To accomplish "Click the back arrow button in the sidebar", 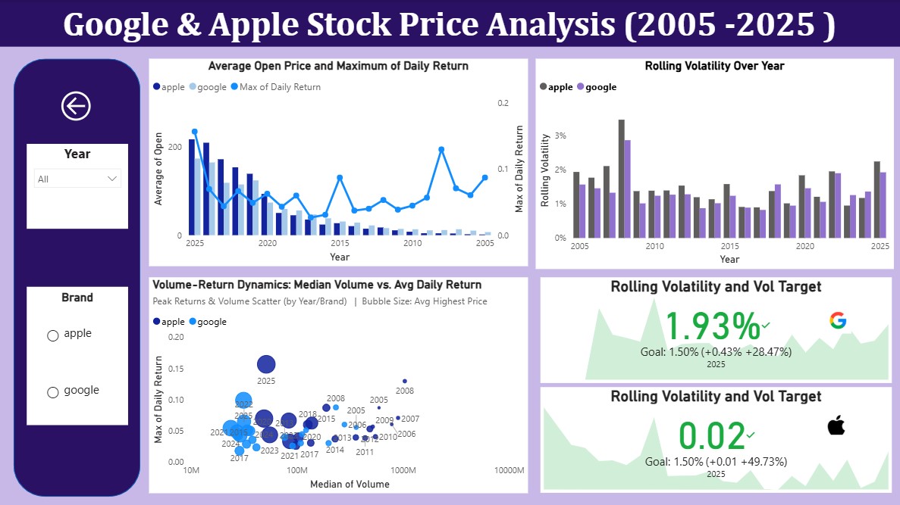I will click(76, 107).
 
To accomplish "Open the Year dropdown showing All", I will click(77, 179).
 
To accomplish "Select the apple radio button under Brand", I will click(53, 335).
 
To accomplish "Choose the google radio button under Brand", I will click(53, 392).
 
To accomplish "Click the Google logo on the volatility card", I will click(837, 321).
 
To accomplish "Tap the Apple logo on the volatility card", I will click(836, 426).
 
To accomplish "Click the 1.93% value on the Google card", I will click(712, 326).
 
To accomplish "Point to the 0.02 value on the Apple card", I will click(712, 436).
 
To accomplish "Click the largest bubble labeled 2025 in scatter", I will click(265, 364).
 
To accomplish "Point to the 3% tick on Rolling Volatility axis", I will click(561, 136).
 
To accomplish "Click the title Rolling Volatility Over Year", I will click(714, 66).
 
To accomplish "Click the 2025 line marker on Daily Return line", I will click(195, 132).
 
